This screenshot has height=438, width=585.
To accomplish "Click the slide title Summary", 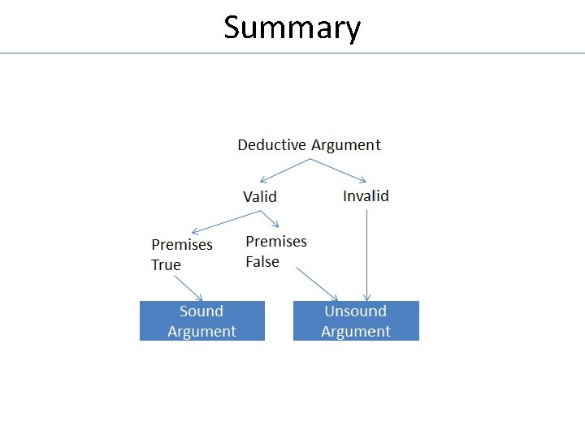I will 292,28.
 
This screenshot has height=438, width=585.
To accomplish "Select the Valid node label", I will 260,196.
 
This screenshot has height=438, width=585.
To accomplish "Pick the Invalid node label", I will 366,195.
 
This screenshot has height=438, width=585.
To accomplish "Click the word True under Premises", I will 166,265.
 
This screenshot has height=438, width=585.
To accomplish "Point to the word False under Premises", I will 262,262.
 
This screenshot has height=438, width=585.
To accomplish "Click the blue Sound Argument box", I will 202,320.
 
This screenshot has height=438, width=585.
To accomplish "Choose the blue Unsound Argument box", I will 356,320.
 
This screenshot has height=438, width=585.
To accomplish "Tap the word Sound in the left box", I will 201,311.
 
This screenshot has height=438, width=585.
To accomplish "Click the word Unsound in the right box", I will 355,311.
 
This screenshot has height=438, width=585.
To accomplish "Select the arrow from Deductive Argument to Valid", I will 284,170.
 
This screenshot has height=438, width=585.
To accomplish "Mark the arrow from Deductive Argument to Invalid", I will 338,170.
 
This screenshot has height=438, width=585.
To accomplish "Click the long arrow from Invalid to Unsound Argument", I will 367,255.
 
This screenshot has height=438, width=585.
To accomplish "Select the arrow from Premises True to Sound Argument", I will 189,288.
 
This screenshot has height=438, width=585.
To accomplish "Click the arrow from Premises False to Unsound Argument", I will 317,284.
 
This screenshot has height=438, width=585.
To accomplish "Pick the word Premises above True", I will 182,245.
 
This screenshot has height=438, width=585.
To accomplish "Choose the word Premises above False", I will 276,242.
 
